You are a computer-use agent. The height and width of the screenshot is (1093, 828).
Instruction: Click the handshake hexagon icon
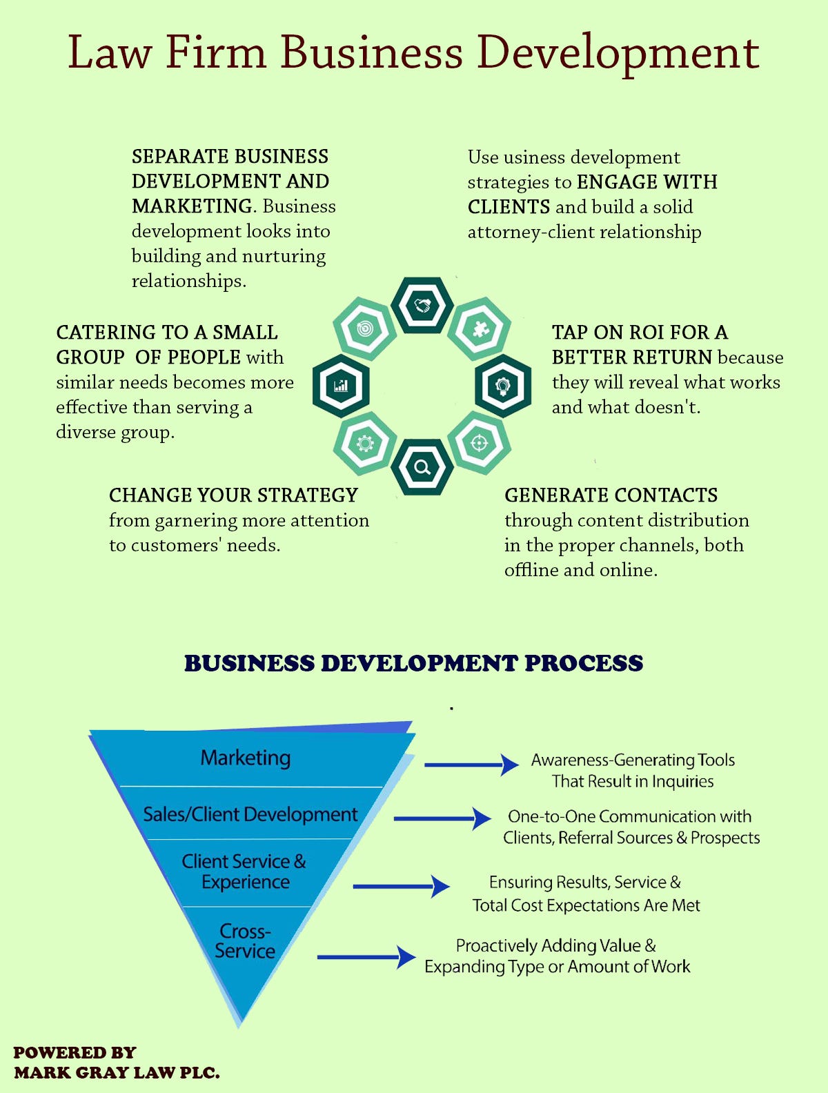422,305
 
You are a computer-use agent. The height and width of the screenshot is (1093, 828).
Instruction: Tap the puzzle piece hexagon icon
479,328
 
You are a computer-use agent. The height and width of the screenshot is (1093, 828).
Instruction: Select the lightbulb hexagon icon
503,386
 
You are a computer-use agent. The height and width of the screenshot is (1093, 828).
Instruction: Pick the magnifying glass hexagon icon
422,467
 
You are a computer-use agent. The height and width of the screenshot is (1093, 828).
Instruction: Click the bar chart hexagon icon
341,386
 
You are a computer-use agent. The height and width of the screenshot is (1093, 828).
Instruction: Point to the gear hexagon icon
365,443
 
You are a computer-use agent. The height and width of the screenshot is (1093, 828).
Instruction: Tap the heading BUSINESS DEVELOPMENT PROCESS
413,663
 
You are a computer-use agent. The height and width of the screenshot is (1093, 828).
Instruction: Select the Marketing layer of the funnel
246,758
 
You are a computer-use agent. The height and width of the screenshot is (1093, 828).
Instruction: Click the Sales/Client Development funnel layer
250,814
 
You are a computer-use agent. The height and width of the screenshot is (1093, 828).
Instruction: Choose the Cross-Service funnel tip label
245,941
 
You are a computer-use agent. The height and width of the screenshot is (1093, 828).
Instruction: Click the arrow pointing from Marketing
471,765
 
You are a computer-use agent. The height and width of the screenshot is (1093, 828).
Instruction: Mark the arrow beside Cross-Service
366,957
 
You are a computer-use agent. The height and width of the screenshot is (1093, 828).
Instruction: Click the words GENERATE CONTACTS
611,495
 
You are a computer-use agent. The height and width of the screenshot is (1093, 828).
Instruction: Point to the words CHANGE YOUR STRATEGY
233,495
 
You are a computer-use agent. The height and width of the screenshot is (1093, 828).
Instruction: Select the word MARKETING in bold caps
192,206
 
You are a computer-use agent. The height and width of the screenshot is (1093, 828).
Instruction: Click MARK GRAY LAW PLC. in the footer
117,1073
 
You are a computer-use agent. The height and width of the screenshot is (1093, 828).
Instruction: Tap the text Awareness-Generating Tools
633,760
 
